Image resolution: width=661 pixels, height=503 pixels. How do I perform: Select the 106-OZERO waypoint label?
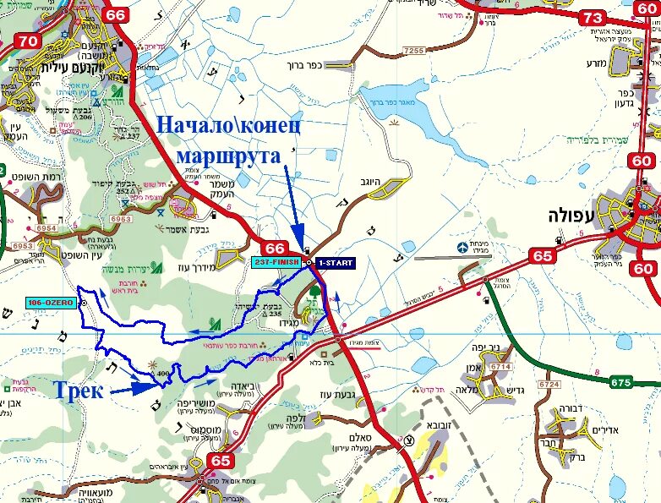(x=52, y=303)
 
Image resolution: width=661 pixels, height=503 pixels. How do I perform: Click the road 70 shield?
(x=28, y=41)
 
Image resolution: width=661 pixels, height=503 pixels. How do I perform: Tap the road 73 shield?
(x=593, y=17)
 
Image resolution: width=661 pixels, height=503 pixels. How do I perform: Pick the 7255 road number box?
(x=414, y=52)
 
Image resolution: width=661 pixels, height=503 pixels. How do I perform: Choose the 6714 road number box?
(x=501, y=366)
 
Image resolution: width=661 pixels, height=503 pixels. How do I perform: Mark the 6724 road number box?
(x=549, y=384)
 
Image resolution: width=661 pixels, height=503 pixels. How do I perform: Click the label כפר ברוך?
(x=328, y=64)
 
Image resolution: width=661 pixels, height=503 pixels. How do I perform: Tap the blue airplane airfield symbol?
(x=462, y=249)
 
